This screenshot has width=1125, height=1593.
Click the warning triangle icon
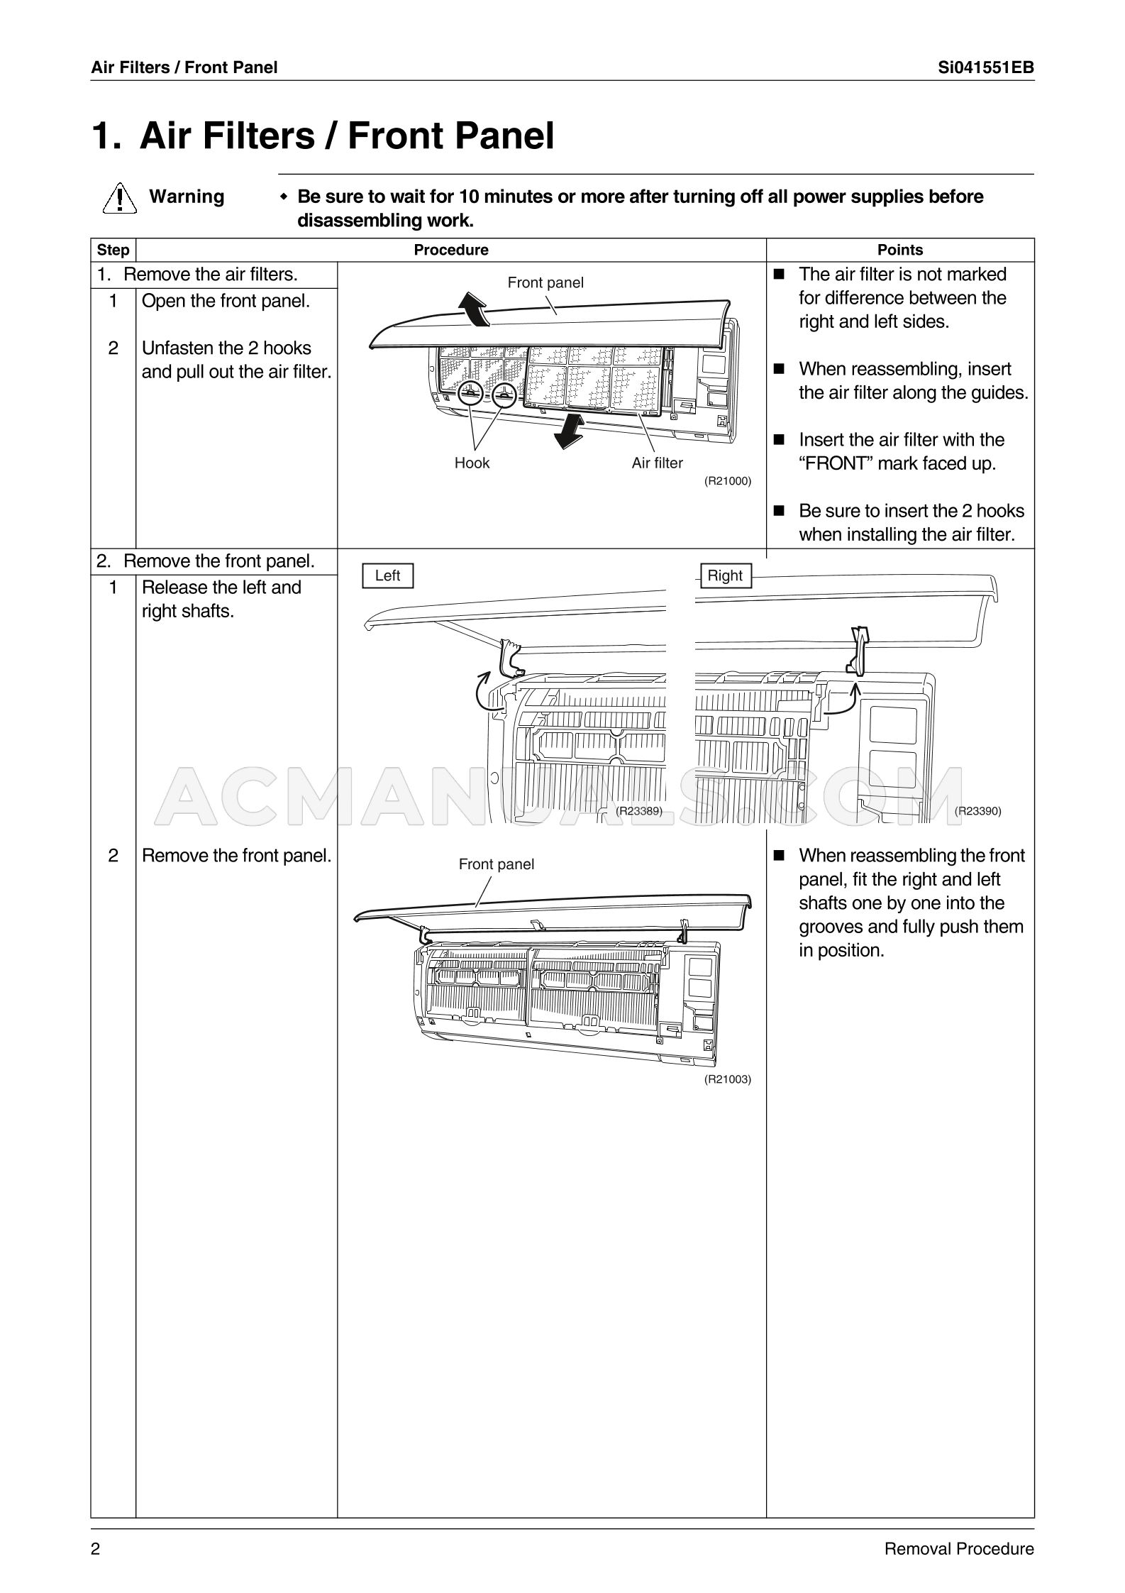[x=119, y=198]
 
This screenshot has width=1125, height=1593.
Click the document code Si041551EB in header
[x=985, y=67]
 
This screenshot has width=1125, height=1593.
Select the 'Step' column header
[x=113, y=250]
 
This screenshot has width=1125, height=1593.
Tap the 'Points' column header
[x=899, y=250]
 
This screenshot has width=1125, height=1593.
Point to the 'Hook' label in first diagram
[x=472, y=463]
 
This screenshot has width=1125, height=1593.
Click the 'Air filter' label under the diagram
[x=657, y=463]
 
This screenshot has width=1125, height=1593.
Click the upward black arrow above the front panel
[x=472, y=309]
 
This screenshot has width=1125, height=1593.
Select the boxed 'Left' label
[x=387, y=575]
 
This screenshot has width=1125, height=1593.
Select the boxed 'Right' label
[x=724, y=575]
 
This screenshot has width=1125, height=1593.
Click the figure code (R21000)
[x=727, y=481]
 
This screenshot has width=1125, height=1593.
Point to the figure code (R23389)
[x=638, y=811]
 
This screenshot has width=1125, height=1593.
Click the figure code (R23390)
[x=977, y=811]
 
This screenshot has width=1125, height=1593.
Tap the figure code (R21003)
[x=727, y=1079]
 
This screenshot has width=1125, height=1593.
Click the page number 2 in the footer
[x=96, y=1549]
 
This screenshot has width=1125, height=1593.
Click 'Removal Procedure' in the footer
[x=958, y=1549]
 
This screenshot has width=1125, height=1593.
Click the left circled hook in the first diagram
[x=470, y=393]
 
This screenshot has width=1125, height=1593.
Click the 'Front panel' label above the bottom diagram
[x=496, y=864]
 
